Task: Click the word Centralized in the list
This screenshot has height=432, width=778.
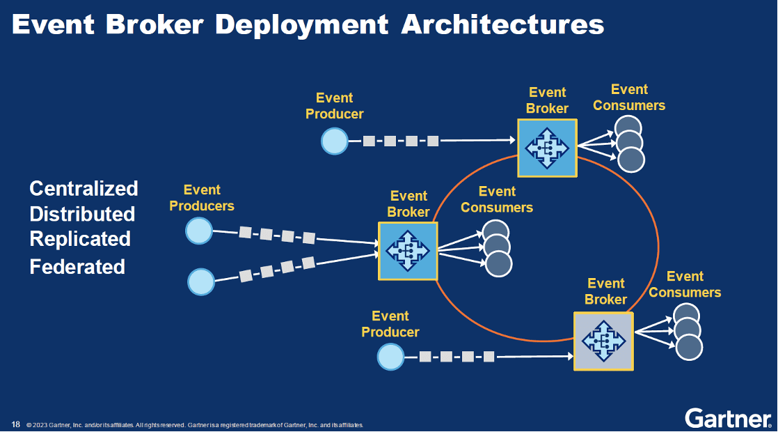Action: [x=84, y=188]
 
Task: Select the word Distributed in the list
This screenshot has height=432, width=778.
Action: [x=82, y=213]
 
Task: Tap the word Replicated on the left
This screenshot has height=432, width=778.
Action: [x=80, y=239]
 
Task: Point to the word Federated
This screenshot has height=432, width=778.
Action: [x=77, y=266]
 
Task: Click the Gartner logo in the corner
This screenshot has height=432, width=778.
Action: [x=728, y=418]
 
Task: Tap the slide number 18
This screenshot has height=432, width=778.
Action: [x=15, y=424]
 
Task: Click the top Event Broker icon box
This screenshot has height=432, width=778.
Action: [x=547, y=148]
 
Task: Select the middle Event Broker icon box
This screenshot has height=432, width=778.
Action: [x=408, y=251]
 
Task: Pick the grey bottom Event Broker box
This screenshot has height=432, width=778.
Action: [x=603, y=341]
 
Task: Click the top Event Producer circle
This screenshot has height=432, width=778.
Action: [x=334, y=141]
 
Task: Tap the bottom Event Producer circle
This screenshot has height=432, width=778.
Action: [x=390, y=357]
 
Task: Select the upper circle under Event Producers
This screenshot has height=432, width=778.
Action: [x=198, y=231]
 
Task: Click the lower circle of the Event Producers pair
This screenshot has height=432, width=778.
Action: [x=201, y=281]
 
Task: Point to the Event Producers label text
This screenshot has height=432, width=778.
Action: [x=202, y=198]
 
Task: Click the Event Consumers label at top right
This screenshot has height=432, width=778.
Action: [x=629, y=98]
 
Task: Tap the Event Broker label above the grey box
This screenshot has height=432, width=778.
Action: [x=605, y=291]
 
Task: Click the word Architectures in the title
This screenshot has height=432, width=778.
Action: [x=502, y=24]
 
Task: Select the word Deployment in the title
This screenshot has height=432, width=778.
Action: [x=301, y=24]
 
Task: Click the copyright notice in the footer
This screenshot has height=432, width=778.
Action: [x=195, y=425]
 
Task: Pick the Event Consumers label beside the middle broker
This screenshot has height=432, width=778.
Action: [x=497, y=199]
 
